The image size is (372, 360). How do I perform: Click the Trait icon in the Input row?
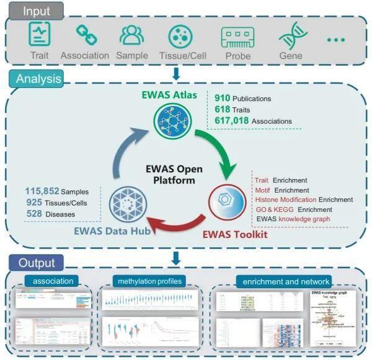40,35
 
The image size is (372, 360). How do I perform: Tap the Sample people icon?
131,36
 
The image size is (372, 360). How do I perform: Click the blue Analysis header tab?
38,79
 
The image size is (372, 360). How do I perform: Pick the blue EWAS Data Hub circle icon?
128,203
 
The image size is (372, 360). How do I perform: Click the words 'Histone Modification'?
285,200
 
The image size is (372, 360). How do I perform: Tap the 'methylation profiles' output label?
149,281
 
